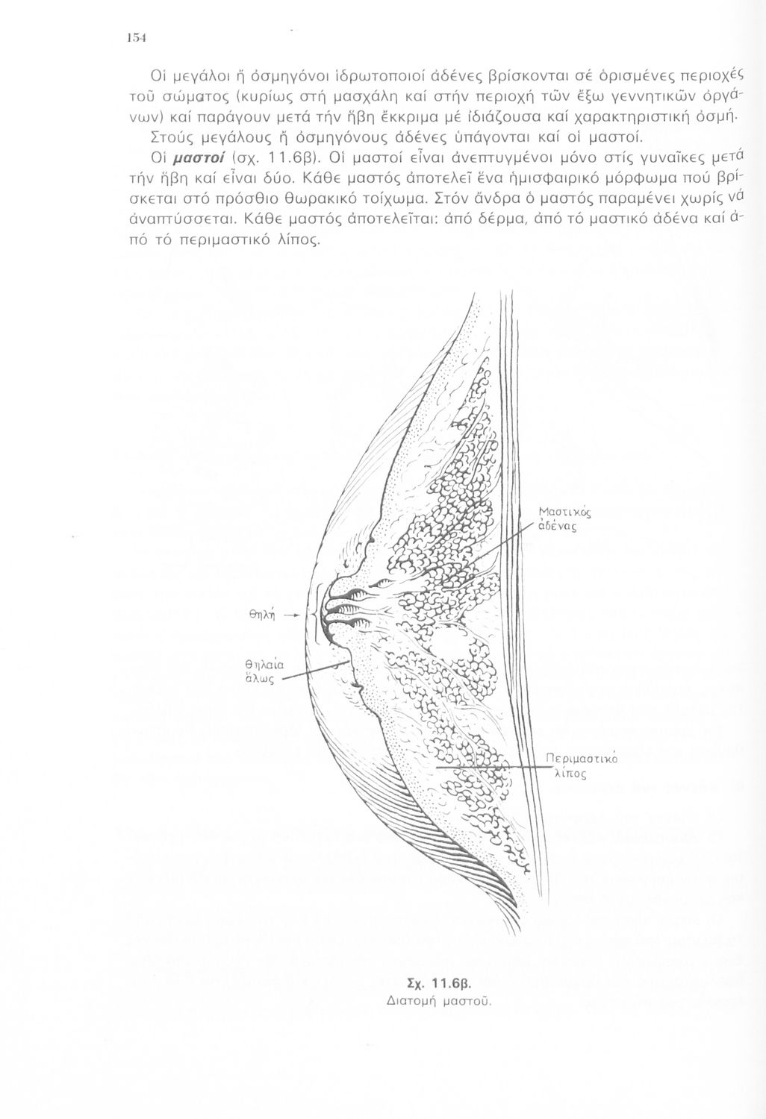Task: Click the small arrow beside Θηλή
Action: pyautogui.click(x=293, y=615)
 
